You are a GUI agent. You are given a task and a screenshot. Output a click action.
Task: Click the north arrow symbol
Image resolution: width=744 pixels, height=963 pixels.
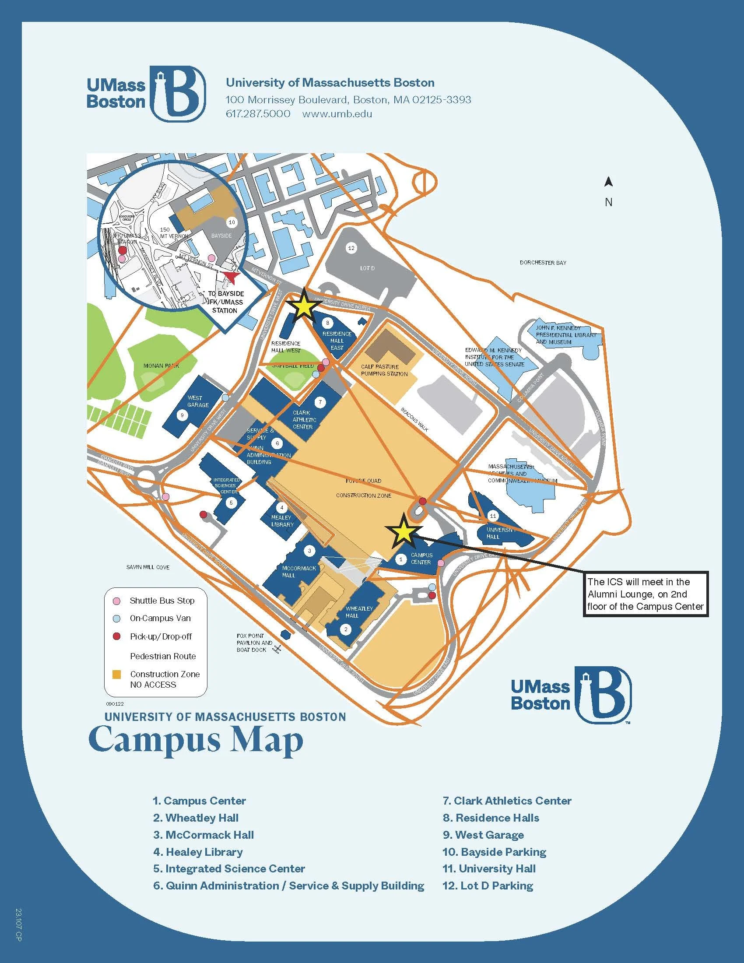(x=609, y=182)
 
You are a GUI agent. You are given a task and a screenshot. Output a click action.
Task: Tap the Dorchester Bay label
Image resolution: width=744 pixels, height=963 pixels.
(x=543, y=263)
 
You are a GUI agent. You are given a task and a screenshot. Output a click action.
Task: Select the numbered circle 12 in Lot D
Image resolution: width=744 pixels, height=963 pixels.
(x=351, y=248)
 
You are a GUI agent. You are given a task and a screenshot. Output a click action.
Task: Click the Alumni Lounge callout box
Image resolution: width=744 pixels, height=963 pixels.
(x=646, y=594)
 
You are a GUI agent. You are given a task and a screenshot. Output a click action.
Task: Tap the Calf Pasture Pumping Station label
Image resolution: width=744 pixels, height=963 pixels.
(x=384, y=370)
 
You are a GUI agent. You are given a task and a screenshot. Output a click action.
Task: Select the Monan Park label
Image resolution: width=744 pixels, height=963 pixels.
(x=161, y=366)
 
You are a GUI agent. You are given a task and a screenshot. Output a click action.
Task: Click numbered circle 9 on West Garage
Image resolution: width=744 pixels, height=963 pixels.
(x=182, y=415)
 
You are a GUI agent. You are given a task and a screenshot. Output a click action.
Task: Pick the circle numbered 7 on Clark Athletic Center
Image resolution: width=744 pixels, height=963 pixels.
(x=320, y=402)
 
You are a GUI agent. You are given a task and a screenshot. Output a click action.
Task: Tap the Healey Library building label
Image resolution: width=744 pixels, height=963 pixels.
(x=282, y=521)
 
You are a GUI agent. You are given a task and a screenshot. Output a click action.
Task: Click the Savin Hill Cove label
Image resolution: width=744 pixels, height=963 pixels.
(x=147, y=567)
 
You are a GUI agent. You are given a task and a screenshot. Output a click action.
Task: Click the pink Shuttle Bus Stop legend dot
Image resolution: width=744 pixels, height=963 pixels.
(x=117, y=601)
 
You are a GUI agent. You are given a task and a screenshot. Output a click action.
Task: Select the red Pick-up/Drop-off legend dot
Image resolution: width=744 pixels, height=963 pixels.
(x=117, y=637)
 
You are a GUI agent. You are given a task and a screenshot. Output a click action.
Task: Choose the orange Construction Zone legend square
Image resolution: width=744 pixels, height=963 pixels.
(x=117, y=675)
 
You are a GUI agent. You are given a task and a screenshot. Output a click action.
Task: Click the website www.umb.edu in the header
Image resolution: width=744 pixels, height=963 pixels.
(x=337, y=114)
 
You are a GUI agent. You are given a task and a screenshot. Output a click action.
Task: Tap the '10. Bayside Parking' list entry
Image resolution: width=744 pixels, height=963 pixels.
(x=494, y=852)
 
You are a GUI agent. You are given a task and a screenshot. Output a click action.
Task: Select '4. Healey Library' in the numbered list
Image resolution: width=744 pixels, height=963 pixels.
(x=198, y=852)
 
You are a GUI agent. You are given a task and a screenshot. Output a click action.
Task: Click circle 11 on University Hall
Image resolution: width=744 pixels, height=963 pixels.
(x=493, y=516)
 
